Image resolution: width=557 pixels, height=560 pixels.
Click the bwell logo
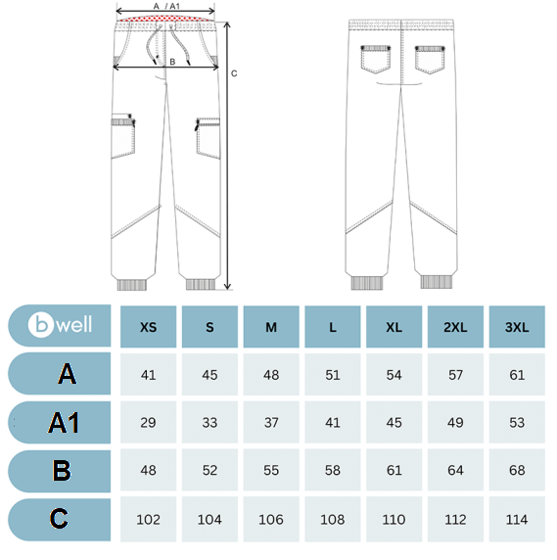[x=60, y=325]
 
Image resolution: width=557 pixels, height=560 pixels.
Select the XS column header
[x=148, y=327]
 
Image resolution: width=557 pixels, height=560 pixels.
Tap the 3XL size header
[x=517, y=327]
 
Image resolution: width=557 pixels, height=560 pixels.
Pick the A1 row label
[x=64, y=423]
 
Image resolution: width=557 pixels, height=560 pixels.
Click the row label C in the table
[x=59, y=519]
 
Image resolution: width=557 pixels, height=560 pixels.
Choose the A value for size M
[x=271, y=375]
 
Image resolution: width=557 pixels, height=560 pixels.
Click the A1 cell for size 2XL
[x=455, y=423]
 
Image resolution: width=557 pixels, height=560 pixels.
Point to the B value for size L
[x=333, y=470]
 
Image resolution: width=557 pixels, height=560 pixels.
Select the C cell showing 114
[x=517, y=519]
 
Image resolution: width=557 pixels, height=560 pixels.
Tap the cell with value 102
[x=148, y=519]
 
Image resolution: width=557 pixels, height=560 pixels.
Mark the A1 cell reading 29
[x=148, y=423]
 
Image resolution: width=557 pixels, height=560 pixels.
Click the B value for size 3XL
[x=517, y=470]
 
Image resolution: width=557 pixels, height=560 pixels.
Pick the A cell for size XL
[x=394, y=375]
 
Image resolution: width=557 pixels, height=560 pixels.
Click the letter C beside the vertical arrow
[x=234, y=73]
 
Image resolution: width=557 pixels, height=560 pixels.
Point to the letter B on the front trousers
[x=172, y=62]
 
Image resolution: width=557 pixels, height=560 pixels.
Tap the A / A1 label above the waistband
[x=166, y=6]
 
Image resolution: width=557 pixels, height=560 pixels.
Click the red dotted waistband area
[x=165, y=19]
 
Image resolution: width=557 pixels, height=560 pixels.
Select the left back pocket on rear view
[x=375, y=59]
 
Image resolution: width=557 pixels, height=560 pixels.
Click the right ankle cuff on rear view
[x=437, y=281]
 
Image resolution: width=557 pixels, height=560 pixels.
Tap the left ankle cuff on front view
[x=132, y=285]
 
